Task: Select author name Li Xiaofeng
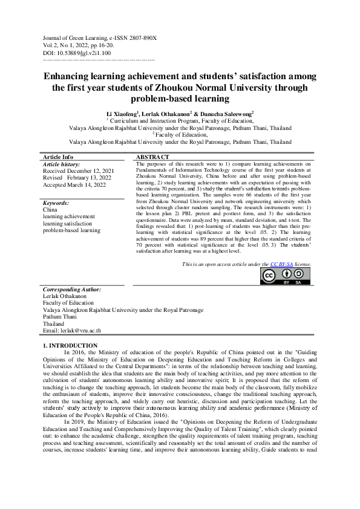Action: [x=122, y=114]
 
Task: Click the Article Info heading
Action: [x=58, y=157]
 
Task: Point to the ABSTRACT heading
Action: [x=151, y=157]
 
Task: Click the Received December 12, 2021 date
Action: [x=77, y=170]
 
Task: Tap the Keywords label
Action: [x=56, y=204]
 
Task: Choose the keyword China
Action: [x=51, y=210]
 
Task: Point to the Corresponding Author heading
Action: [x=72, y=290]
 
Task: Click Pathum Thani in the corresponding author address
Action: [x=60, y=317]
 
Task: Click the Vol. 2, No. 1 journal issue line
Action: [x=80, y=45]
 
